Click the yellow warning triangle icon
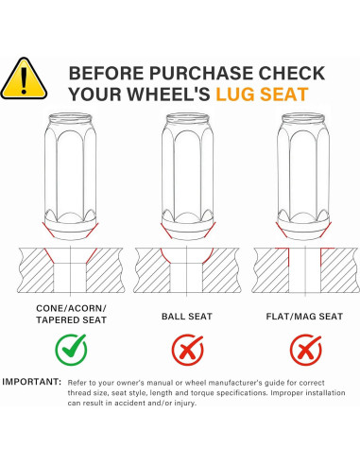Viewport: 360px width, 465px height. [24, 78]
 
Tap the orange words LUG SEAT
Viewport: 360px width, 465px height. [262, 95]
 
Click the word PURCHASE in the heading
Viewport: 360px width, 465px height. [201, 73]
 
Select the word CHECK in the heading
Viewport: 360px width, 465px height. [291, 73]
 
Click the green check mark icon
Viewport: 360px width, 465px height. [71, 350]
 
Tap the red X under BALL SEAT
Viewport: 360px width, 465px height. [187, 350]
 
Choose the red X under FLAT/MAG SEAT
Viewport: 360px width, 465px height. [305, 350]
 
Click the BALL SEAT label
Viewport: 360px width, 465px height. [187, 317]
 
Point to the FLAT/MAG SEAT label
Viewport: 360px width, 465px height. [304, 317]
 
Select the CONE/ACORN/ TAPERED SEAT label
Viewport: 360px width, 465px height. [71, 314]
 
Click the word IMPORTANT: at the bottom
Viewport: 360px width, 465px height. [31, 382]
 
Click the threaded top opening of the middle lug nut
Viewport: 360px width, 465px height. [188, 119]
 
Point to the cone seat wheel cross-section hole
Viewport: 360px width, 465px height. [70, 270]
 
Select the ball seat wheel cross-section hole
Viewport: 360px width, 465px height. [187, 270]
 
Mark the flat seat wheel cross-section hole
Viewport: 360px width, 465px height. [305, 270]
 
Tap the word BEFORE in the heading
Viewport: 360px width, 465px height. [107, 73]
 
